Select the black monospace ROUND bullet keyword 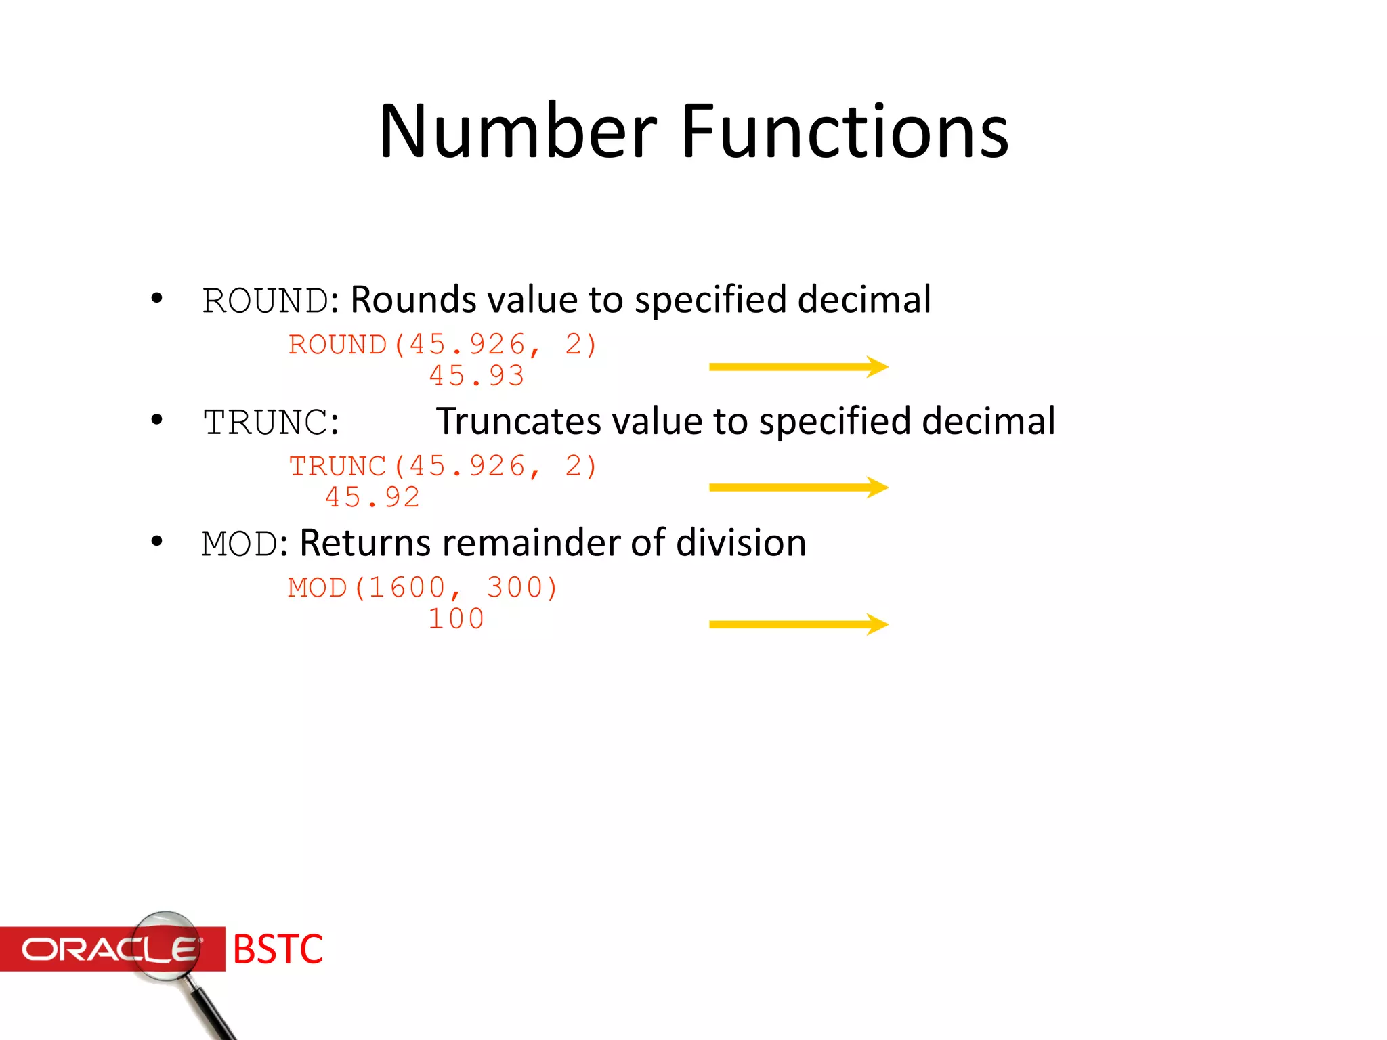pyautogui.click(x=265, y=301)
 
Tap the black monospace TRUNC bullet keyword pyautogui.click(x=266, y=423)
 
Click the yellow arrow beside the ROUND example pyautogui.click(x=798, y=367)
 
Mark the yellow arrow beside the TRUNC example pyautogui.click(x=798, y=487)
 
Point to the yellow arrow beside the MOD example pyautogui.click(x=798, y=624)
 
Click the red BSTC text pyautogui.click(x=278, y=949)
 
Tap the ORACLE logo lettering pyautogui.click(x=108, y=949)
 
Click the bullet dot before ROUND pyautogui.click(x=157, y=299)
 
